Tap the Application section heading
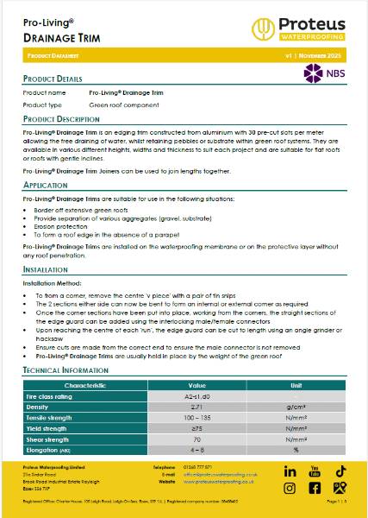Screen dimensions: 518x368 click(x=45, y=185)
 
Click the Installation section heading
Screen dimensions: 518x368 click(x=46, y=269)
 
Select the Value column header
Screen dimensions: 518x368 click(x=197, y=384)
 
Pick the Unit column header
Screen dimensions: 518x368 click(x=296, y=384)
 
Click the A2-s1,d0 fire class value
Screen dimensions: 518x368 click(x=197, y=395)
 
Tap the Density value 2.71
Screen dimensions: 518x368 click(x=197, y=406)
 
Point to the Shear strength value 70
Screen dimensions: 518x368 click(x=197, y=439)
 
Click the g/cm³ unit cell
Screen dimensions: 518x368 click(x=296, y=406)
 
